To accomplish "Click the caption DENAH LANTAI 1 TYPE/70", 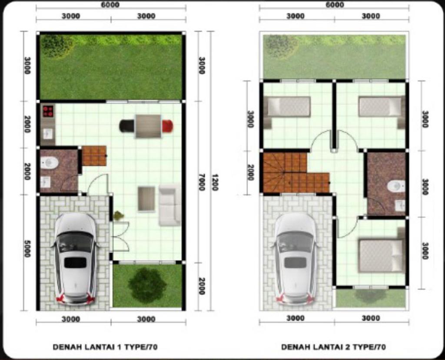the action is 105,347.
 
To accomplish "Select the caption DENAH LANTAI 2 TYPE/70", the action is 333,347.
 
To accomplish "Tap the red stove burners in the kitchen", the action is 48,111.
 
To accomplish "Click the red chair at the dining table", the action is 167,126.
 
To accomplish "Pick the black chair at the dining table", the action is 127,126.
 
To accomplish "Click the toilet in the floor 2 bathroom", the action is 396,186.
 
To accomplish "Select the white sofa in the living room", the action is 170,205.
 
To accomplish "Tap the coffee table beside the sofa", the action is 146,199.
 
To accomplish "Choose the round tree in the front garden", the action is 147,285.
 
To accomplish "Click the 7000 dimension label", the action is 201,182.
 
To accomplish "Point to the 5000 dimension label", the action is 27,249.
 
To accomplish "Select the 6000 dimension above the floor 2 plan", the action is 335,5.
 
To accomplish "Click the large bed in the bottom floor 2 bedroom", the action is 382,256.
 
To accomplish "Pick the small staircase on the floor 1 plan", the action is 94,156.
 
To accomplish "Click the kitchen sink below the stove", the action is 48,133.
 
